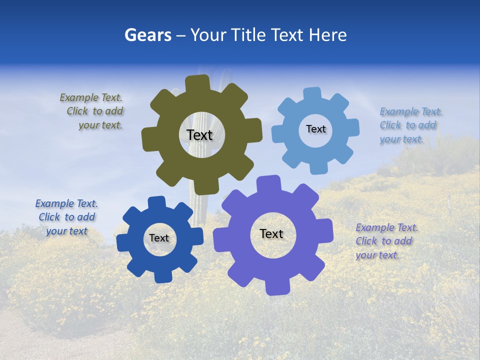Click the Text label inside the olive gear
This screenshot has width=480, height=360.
[199, 135]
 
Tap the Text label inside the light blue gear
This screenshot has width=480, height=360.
[315, 129]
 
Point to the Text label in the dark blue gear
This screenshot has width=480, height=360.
[159, 238]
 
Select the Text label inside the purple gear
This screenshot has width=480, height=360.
[271, 233]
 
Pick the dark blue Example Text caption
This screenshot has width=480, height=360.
[66, 217]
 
